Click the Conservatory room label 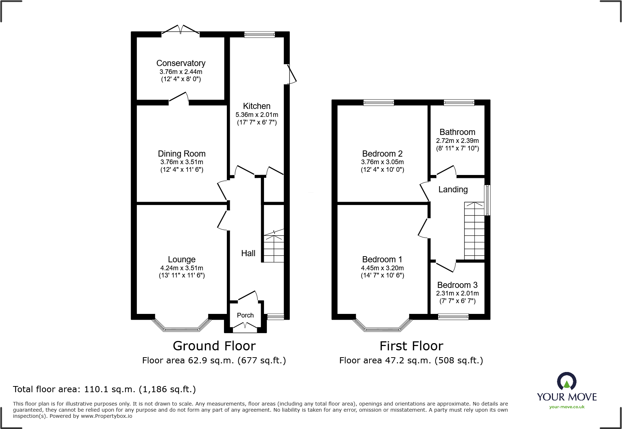pyautogui.click(x=181, y=63)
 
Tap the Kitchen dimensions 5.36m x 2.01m pyautogui.click(x=257, y=115)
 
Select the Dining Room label pyautogui.click(x=181, y=154)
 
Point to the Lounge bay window pyautogui.click(x=182, y=326)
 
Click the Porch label pyautogui.click(x=245, y=315)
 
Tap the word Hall pyautogui.click(x=248, y=253)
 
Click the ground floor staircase pyautogui.click(x=274, y=248)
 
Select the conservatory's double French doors pyautogui.click(x=180, y=30)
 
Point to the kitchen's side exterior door pyautogui.click(x=291, y=74)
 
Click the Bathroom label pyautogui.click(x=457, y=132)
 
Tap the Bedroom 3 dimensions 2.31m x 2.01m pyautogui.click(x=457, y=293)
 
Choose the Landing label pyautogui.click(x=453, y=189)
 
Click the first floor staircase pyautogui.click(x=474, y=231)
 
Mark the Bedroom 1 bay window pyautogui.click(x=382, y=326)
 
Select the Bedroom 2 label pyautogui.click(x=382, y=154)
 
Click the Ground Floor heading pyautogui.click(x=214, y=346)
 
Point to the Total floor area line pyautogui.click(x=104, y=389)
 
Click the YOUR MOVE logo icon pyautogui.click(x=566, y=381)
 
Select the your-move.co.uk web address pyautogui.click(x=567, y=407)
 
